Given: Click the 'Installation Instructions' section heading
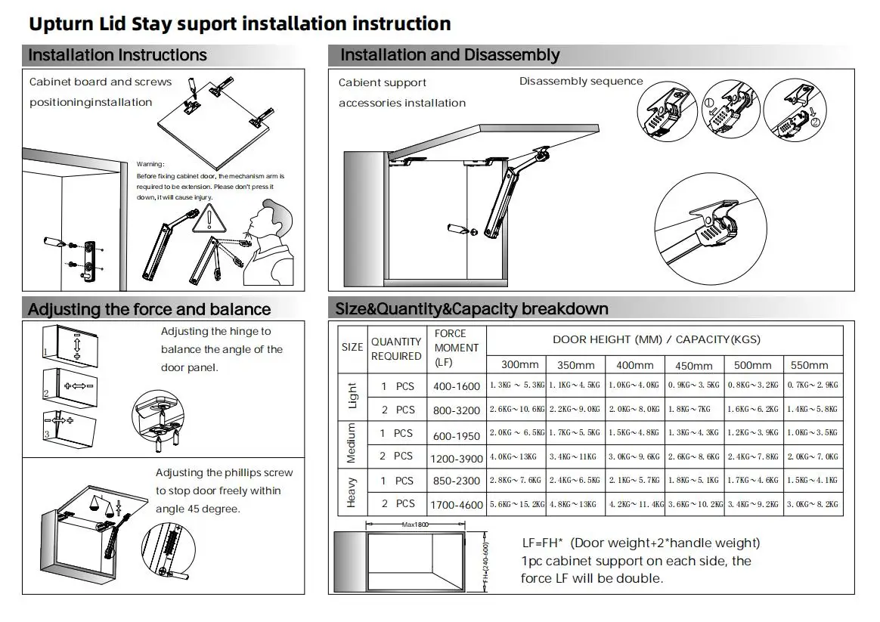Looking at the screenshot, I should click(x=117, y=55).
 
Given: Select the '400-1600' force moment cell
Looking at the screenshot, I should click(x=457, y=386).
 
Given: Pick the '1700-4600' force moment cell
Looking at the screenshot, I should click(x=457, y=504).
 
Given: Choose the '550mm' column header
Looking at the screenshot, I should click(x=809, y=365).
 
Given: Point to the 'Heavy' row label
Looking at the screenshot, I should click(x=352, y=492).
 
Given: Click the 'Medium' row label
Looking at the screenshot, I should click(x=352, y=444).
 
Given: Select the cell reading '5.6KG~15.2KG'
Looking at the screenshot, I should click(x=516, y=504).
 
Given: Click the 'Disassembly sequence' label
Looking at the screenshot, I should click(x=581, y=82).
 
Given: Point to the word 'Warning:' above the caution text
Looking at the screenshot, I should click(x=150, y=164).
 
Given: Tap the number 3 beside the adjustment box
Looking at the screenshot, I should click(x=45, y=434).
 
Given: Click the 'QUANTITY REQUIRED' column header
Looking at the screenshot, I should click(x=396, y=349).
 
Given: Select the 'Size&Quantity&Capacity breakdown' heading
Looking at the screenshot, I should click(x=472, y=308).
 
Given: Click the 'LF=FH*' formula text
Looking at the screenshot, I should click(x=543, y=543).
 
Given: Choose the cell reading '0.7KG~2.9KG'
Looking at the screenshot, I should click(x=813, y=385).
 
